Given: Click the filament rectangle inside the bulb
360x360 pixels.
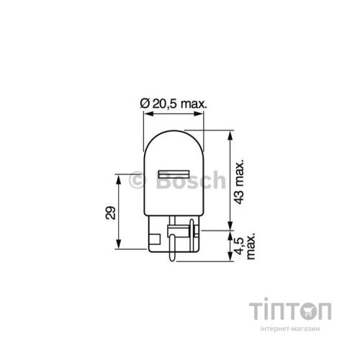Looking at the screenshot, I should click(174, 178).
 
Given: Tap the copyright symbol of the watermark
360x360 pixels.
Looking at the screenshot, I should click(136, 182).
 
